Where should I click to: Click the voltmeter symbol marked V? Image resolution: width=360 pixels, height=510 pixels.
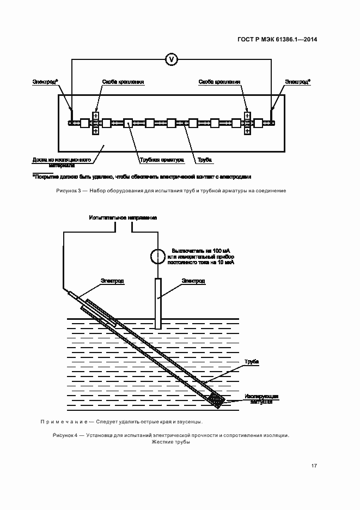(171, 58)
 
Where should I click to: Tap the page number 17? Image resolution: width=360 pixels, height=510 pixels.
(314, 465)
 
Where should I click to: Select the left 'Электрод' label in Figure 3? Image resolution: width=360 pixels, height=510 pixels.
(45, 82)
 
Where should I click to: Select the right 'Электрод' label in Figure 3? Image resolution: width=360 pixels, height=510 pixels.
(298, 82)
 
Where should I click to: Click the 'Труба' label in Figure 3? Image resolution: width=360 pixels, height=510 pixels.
(205, 160)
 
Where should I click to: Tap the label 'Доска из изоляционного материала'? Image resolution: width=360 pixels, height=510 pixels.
(60, 162)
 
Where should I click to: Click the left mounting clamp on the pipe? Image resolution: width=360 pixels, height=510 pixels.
(95, 123)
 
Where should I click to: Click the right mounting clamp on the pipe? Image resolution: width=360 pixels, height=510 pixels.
(247, 123)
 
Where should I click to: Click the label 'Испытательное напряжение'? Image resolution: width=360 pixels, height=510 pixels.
(123, 217)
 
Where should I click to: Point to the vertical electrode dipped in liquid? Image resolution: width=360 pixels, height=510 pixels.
(158, 303)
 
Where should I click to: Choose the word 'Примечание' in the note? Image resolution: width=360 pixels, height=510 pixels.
(57, 422)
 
